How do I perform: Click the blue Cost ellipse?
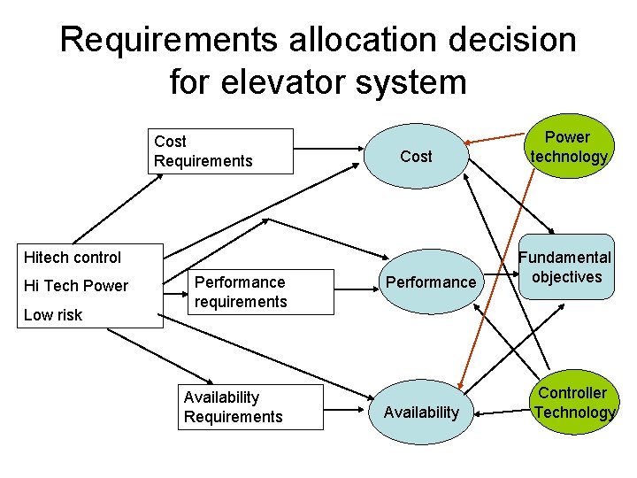tap(416, 157)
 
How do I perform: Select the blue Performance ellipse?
tap(428, 282)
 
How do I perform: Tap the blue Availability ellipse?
tap(420, 412)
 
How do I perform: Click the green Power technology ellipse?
tap(568, 147)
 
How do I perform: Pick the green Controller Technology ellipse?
tap(572, 403)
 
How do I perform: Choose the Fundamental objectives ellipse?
tap(566, 267)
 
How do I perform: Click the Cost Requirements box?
tap(220, 151)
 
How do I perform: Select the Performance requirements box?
tap(248, 292)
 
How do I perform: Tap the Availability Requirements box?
tap(250, 407)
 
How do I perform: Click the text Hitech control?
tap(73, 258)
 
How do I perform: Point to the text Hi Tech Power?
tap(76, 286)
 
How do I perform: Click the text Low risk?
tap(53, 315)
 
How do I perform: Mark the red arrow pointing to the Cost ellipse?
tap(495, 137)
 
